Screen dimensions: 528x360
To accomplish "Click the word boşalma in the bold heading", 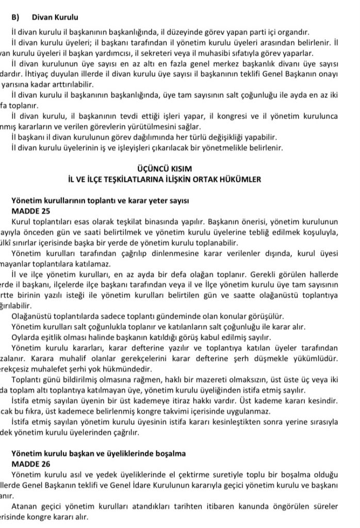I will coord(167,453).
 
